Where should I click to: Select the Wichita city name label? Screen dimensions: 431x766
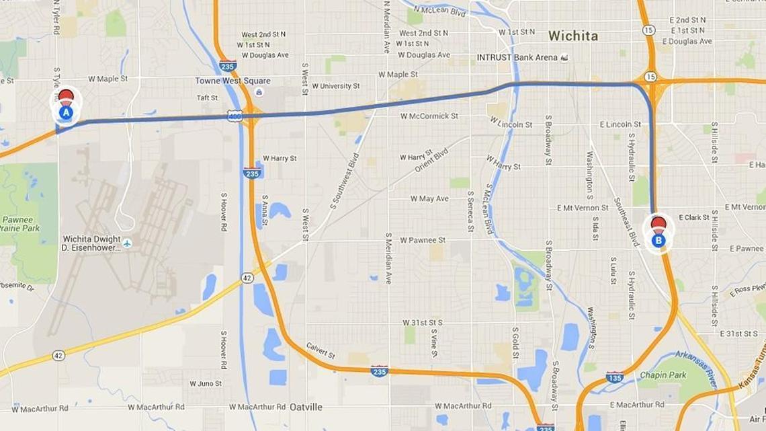coord(572,36)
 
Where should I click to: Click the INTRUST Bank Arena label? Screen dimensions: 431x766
coord(517,57)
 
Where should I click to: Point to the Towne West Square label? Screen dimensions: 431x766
coord(223,81)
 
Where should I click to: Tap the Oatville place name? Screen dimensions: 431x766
coord(306,407)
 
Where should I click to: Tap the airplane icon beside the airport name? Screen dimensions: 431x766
coord(127,243)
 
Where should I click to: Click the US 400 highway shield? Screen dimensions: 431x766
coord(234,116)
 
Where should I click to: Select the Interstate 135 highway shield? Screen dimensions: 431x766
coord(614,377)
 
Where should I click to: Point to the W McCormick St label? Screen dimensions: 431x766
coord(429,116)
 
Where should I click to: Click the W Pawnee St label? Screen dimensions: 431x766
coord(423,240)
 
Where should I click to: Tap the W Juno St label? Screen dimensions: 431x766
coord(206,384)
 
